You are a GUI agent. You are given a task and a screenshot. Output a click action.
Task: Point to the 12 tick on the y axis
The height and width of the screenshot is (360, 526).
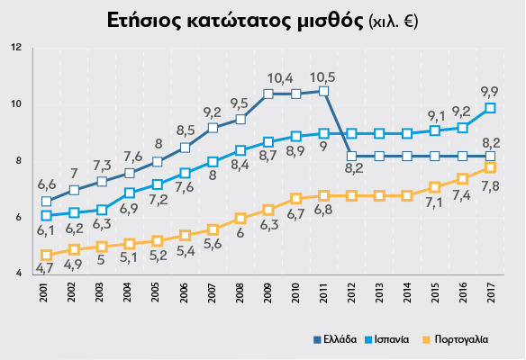[x=16, y=47]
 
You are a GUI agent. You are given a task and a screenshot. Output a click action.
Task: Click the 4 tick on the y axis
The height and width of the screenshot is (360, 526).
[x=18, y=274]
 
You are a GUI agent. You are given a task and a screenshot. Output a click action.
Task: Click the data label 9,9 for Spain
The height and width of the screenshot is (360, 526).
[x=490, y=91]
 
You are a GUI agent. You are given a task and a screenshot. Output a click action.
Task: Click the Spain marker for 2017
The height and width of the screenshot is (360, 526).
[x=491, y=108]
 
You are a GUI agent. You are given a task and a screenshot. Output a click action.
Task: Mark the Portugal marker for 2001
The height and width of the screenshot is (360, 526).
[x=46, y=255]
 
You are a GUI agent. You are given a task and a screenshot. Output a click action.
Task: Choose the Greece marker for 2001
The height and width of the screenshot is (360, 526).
[x=46, y=202]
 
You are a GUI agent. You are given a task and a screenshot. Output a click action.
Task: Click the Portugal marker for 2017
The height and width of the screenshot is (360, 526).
[x=491, y=167]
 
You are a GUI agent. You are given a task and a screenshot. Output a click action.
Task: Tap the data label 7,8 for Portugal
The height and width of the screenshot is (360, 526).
[x=492, y=185]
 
